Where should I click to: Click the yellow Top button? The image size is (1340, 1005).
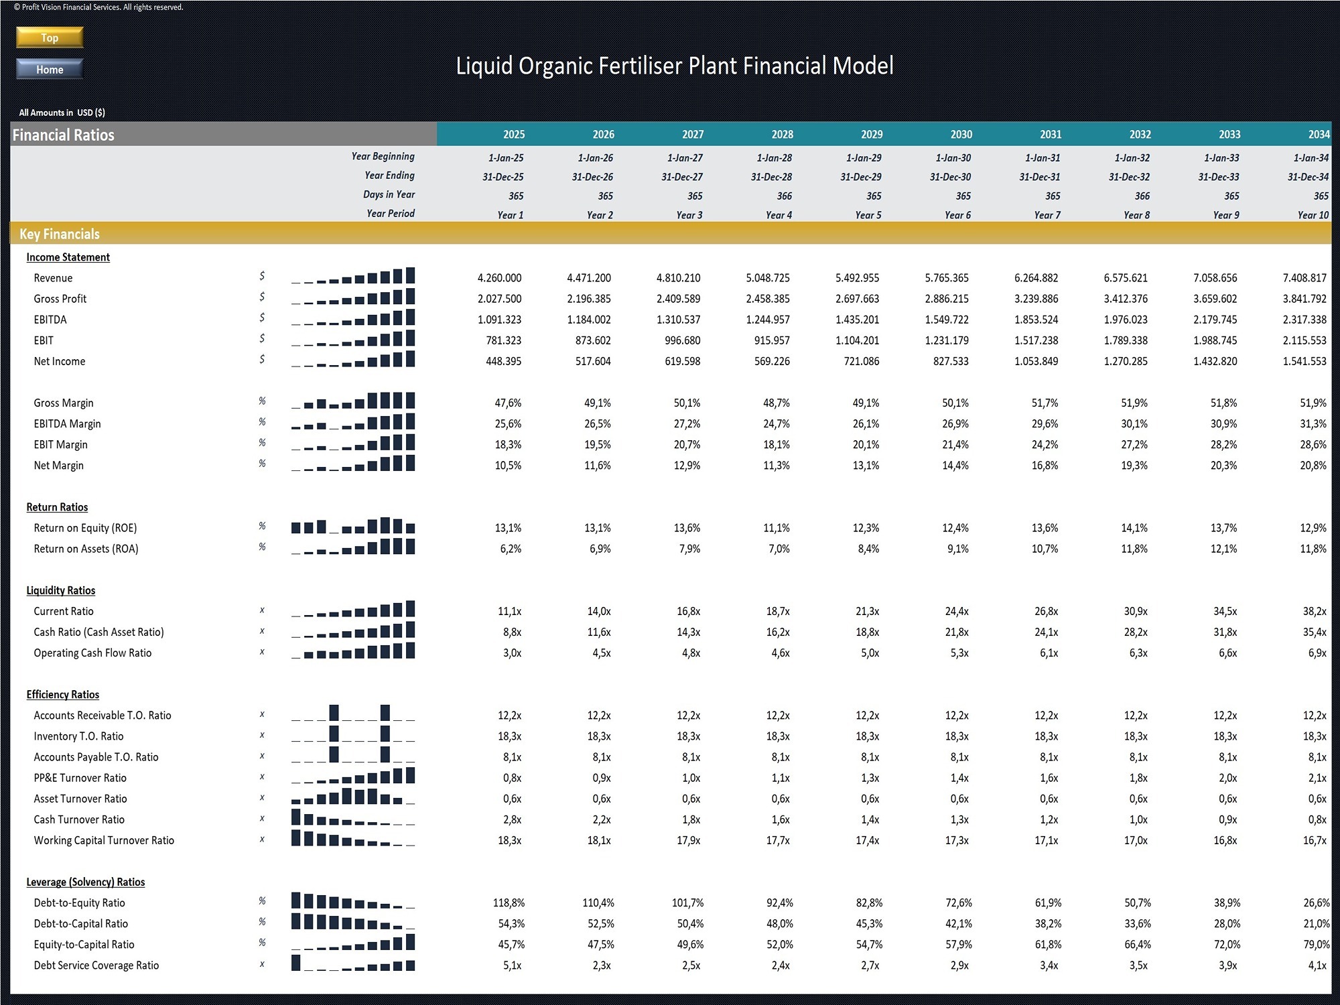click(50, 38)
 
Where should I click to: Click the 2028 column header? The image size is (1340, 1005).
click(782, 135)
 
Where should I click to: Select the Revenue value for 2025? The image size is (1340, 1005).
click(499, 278)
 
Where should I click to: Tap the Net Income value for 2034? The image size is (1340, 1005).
click(1304, 361)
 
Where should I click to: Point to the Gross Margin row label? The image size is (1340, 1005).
click(64, 403)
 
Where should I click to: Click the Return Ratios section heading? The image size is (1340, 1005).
click(57, 507)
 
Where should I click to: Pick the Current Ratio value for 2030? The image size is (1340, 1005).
click(957, 611)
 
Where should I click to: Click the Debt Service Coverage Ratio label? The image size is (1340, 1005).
click(96, 965)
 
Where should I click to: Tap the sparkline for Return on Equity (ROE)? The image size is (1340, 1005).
click(353, 526)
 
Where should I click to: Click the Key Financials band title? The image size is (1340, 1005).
click(60, 234)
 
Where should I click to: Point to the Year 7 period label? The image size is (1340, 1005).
click(1047, 215)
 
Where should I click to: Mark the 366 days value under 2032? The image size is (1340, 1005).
click(1142, 196)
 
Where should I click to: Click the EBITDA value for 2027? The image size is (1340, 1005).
click(678, 320)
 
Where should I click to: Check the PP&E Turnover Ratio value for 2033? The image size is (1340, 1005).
click(1228, 778)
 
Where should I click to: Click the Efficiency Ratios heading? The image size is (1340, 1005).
click(63, 695)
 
